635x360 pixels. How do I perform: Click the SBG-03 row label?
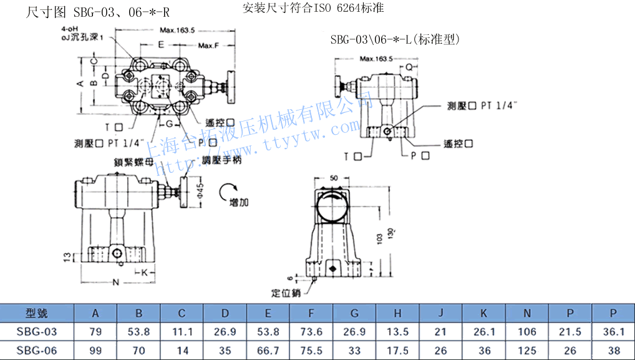(37, 332)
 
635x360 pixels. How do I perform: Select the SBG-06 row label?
(37, 351)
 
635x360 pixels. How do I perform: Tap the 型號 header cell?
(37, 313)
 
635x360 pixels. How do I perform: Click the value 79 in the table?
(95, 332)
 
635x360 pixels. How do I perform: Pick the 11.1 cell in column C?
(182, 332)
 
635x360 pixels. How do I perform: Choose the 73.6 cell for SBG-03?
(311, 332)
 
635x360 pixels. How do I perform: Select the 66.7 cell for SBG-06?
(268, 351)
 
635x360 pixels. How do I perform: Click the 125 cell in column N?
(527, 351)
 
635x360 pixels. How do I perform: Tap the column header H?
(398, 313)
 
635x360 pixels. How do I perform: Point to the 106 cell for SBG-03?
(527, 332)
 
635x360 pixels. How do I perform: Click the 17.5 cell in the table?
(398, 351)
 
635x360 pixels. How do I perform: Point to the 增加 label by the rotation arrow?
(239, 202)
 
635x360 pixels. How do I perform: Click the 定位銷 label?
(286, 292)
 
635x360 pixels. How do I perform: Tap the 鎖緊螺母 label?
(133, 161)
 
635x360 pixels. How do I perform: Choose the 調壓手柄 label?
(221, 160)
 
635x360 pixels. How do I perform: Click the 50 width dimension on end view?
(334, 178)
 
